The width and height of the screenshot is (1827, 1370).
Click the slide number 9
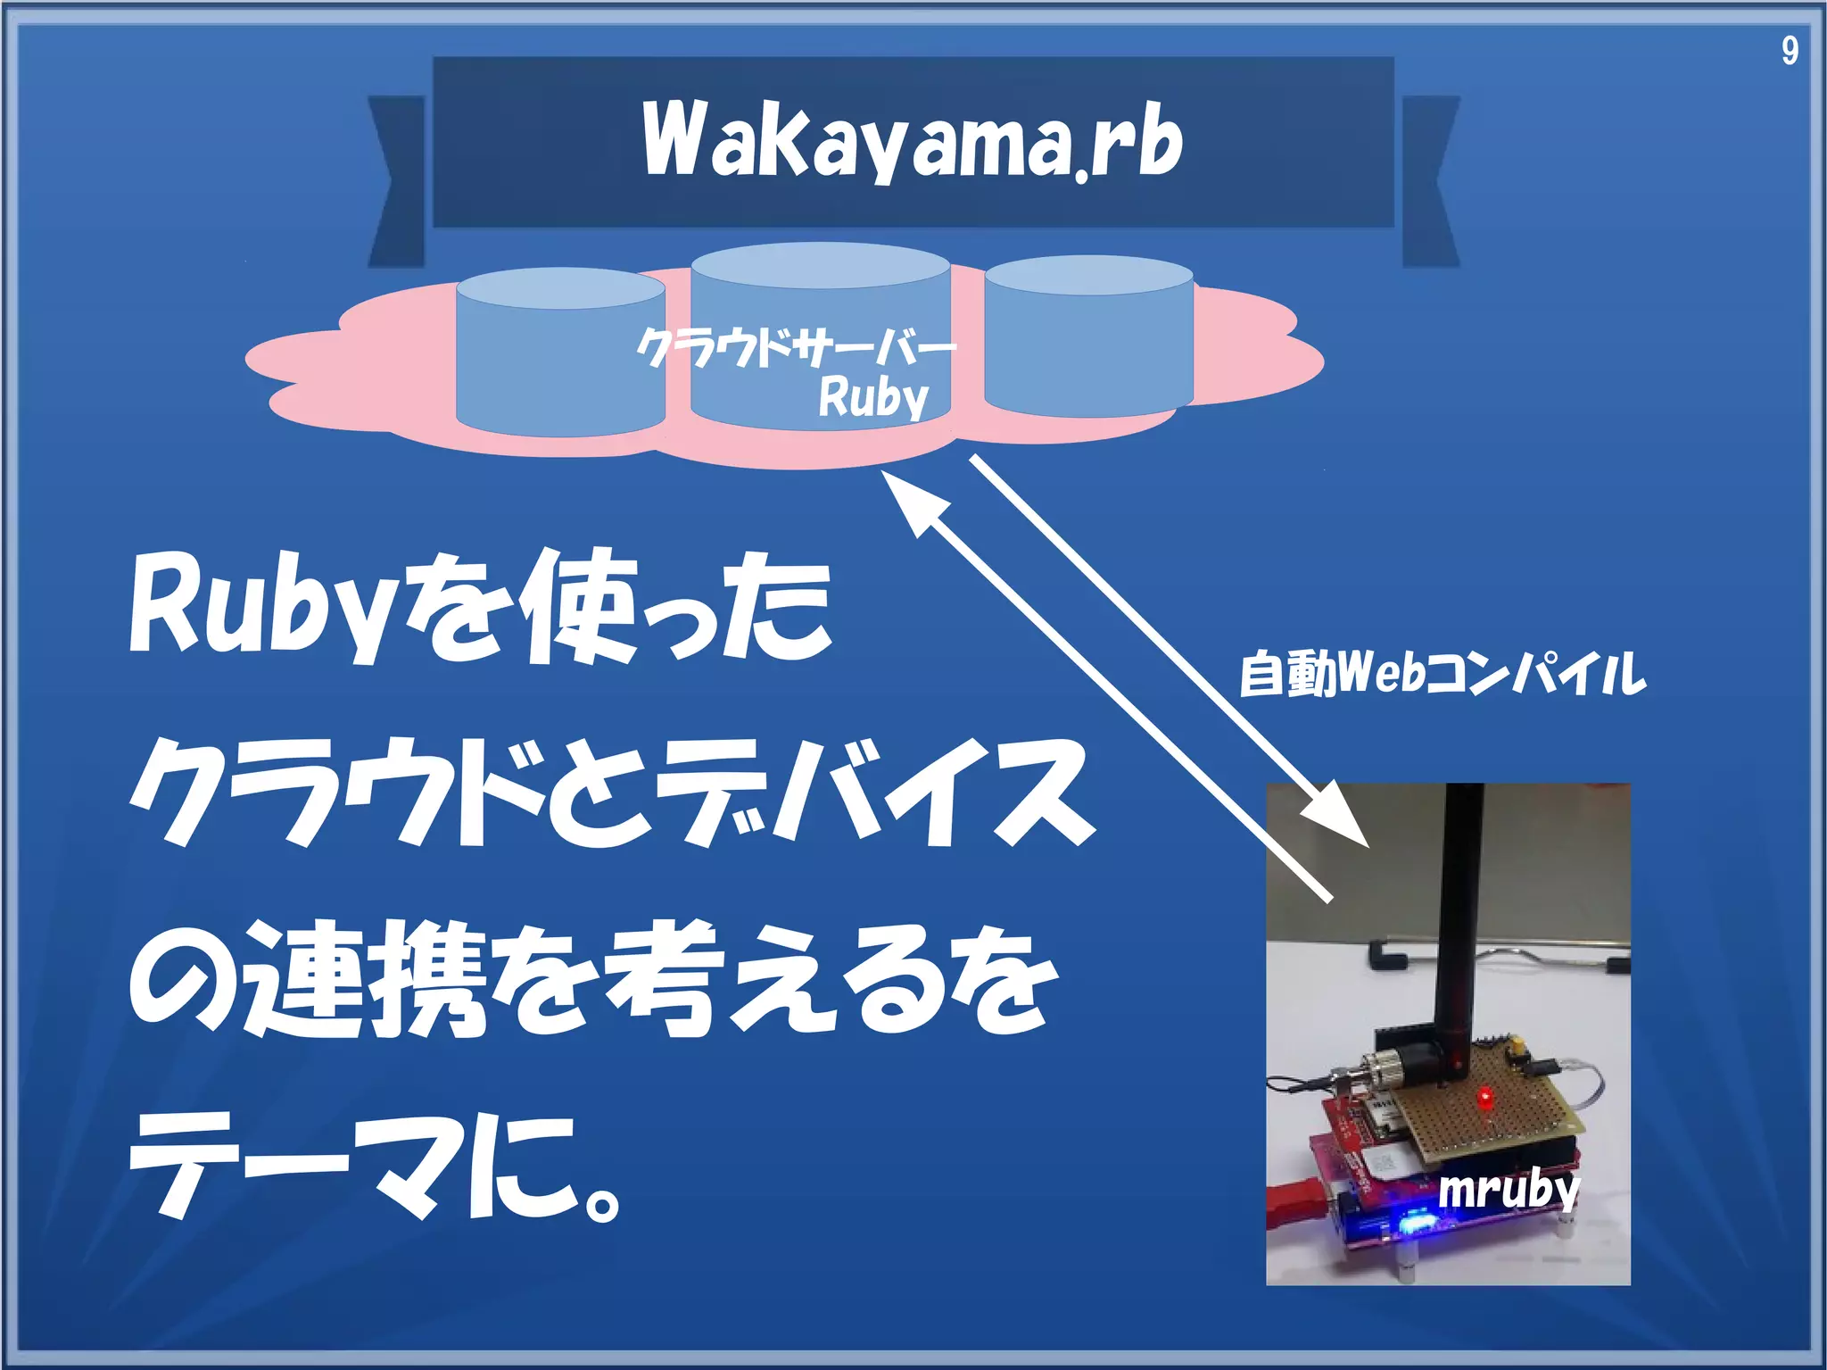[x=1789, y=51]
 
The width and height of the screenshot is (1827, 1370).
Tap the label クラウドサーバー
[x=796, y=346]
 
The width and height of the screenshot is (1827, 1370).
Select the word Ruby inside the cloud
[x=873, y=397]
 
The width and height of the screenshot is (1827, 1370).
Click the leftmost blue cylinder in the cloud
[x=560, y=357]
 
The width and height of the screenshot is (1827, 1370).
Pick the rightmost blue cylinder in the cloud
[x=1088, y=339]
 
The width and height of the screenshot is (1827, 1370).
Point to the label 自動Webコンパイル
[x=1442, y=674]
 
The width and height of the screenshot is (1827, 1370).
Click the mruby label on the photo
[x=1508, y=1190]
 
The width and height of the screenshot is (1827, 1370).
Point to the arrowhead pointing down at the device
[x=1338, y=817]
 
